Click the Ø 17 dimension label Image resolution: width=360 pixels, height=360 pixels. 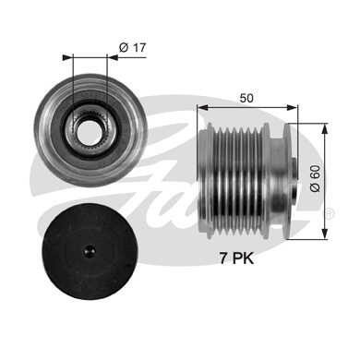[x=132, y=48]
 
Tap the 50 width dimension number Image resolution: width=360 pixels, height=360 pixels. [x=246, y=98]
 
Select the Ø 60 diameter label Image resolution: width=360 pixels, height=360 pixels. [x=315, y=178]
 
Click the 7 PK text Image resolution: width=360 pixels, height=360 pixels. [x=236, y=258]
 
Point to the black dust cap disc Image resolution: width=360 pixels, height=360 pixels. [x=90, y=253]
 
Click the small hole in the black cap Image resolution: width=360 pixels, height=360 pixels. [x=90, y=251]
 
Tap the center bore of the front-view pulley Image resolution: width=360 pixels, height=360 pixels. [x=90, y=133]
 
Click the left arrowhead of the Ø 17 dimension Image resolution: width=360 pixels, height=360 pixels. [x=66, y=57]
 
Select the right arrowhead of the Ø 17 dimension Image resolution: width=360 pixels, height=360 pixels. [x=113, y=57]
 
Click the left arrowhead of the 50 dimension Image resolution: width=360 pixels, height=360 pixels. [x=202, y=107]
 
